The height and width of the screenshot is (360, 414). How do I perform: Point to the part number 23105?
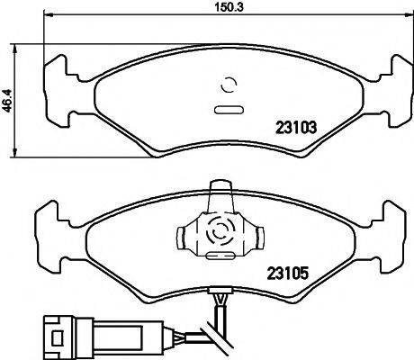coord(287,271)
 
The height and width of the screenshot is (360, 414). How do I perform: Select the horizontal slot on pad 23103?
coord(228,111)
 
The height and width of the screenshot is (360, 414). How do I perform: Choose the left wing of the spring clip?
coord(184,236)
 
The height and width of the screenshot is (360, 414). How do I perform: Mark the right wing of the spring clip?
coord(256,236)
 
